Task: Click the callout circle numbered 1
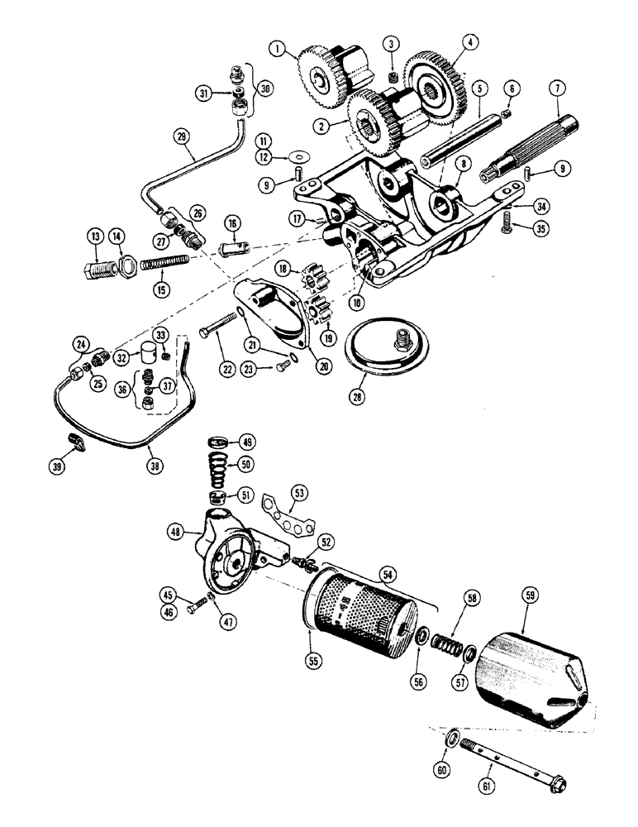pos(284,49)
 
